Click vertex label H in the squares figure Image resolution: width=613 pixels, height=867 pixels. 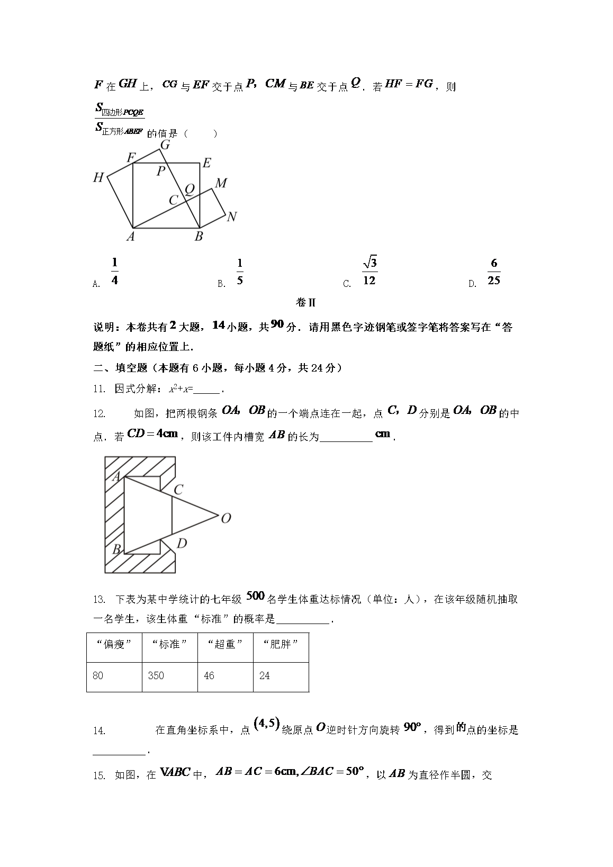[98, 178]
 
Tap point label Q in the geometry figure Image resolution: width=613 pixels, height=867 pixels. [189, 189]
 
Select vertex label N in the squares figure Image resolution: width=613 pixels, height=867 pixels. [231, 217]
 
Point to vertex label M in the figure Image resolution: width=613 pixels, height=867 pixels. [221, 183]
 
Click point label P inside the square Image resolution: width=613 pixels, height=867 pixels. [160, 171]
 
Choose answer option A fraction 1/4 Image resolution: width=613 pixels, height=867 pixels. [114, 272]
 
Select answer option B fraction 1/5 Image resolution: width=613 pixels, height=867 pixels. [240, 272]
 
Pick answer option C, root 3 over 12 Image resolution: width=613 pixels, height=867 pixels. [369, 272]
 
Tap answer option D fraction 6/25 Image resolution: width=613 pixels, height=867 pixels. [493, 272]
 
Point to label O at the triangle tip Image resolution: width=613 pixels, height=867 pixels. [226, 518]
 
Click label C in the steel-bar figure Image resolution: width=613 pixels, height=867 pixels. [178, 490]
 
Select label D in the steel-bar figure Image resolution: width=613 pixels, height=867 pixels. [181, 543]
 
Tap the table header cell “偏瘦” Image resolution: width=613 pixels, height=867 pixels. [114, 644]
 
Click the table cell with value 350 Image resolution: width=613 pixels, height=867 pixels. [156, 676]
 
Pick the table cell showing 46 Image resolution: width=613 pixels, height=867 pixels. [209, 676]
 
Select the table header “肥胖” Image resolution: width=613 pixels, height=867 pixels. [281, 644]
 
